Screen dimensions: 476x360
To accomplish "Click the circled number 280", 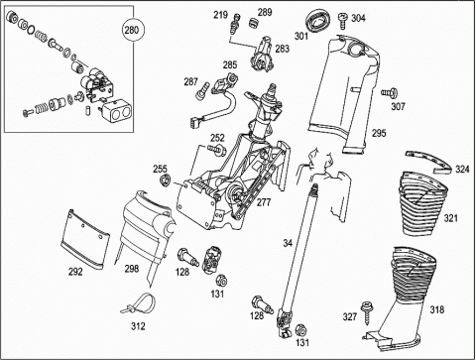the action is click(132, 30).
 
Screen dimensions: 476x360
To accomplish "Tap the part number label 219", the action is click(220, 15).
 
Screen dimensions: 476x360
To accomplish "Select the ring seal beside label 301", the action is click(316, 21).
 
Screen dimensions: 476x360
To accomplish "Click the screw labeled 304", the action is click(343, 20).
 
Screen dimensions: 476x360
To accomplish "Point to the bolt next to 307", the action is click(390, 93).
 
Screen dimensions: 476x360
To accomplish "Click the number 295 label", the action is click(379, 133).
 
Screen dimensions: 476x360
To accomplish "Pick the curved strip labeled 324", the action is click(429, 161).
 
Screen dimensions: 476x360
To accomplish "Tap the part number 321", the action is click(450, 218).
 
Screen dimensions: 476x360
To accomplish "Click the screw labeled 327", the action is click(366, 311).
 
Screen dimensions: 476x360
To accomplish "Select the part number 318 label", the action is click(437, 309).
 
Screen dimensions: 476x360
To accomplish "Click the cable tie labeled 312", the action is click(139, 303).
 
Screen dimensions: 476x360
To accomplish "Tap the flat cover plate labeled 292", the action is click(85, 238).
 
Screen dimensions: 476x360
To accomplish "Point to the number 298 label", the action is click(132, 269).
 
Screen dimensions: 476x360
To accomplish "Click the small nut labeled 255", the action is click(165, 180).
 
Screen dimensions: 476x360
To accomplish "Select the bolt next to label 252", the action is click(216, 150).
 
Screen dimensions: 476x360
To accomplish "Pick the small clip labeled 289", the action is click(253, 23).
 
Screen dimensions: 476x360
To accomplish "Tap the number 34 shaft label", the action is click(288, 243).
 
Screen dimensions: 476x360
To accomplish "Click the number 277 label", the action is click(264, 202).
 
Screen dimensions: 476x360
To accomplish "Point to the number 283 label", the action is click(282, 49).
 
